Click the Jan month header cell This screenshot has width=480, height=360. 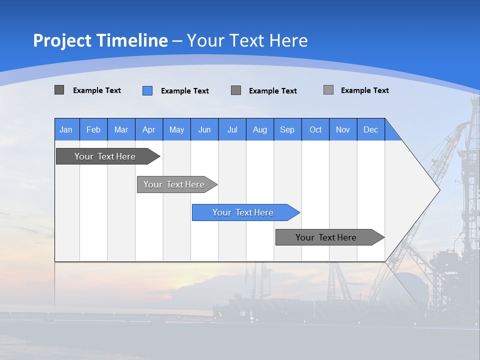(66, 129)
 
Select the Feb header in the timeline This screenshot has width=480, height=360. (93, 129)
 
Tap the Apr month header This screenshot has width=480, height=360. (149, 129)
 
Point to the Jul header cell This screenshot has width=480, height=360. (232, 129)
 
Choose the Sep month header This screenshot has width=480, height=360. (287, 129)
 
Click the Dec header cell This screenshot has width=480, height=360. (371, 129)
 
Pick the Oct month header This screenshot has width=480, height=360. (315, 129)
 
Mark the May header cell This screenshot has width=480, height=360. (176, 129)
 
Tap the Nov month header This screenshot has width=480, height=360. (343, 129)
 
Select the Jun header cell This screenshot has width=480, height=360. (204, 129)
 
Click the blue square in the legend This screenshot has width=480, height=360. (147, 90)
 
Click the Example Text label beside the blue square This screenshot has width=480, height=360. (185, 91)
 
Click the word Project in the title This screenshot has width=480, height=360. (62, 40)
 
